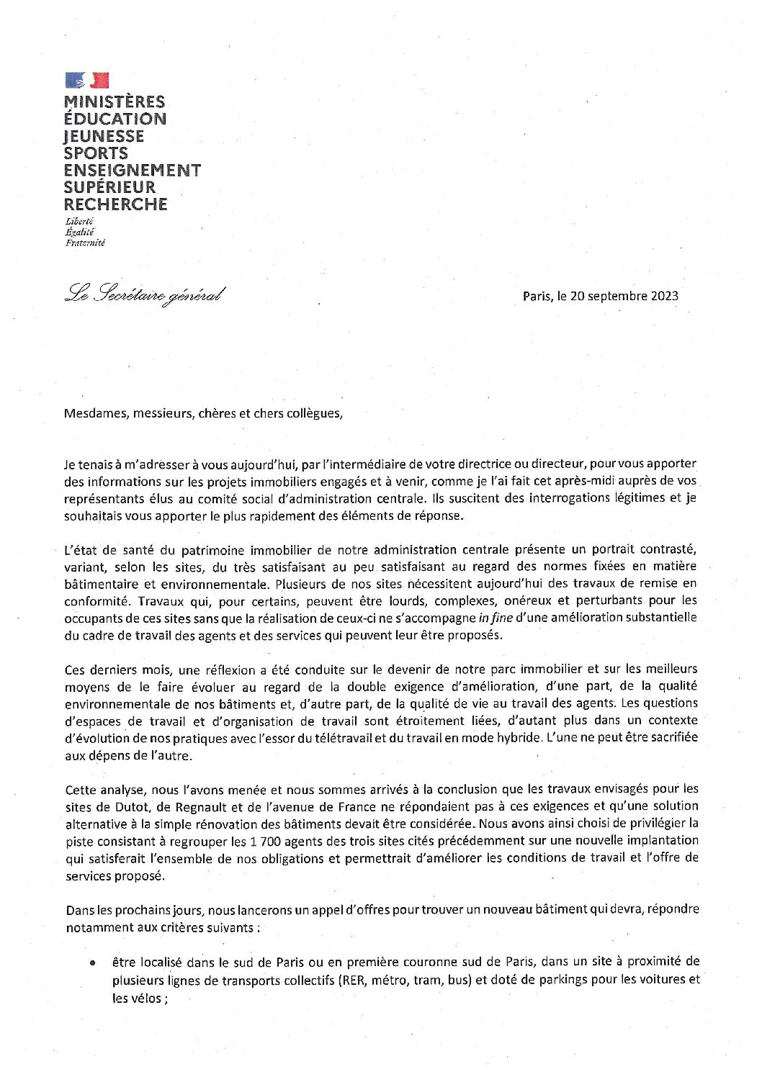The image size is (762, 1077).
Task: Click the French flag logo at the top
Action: click(x=86, y=81)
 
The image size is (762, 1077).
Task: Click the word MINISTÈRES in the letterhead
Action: click(x=115, y=102)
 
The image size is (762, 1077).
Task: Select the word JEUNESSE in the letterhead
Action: click(x=104, y=136)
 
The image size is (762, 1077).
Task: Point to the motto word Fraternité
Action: click(x=84, y=243)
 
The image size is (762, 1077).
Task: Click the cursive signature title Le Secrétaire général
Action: click(x=145, y=294)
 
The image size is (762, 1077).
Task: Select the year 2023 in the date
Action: click(x=663, y=296)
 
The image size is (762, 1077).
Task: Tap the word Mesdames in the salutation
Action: click(x=94, y=414)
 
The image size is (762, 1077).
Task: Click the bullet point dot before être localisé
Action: click(x=93, y=963)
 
